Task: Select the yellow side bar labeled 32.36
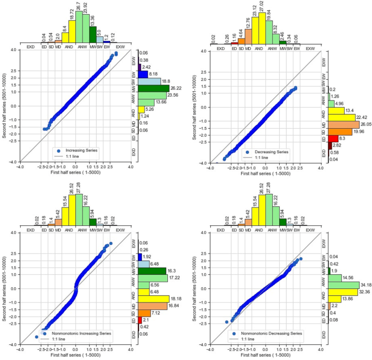(342, 292)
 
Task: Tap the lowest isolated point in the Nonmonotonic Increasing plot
(36, 337)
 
